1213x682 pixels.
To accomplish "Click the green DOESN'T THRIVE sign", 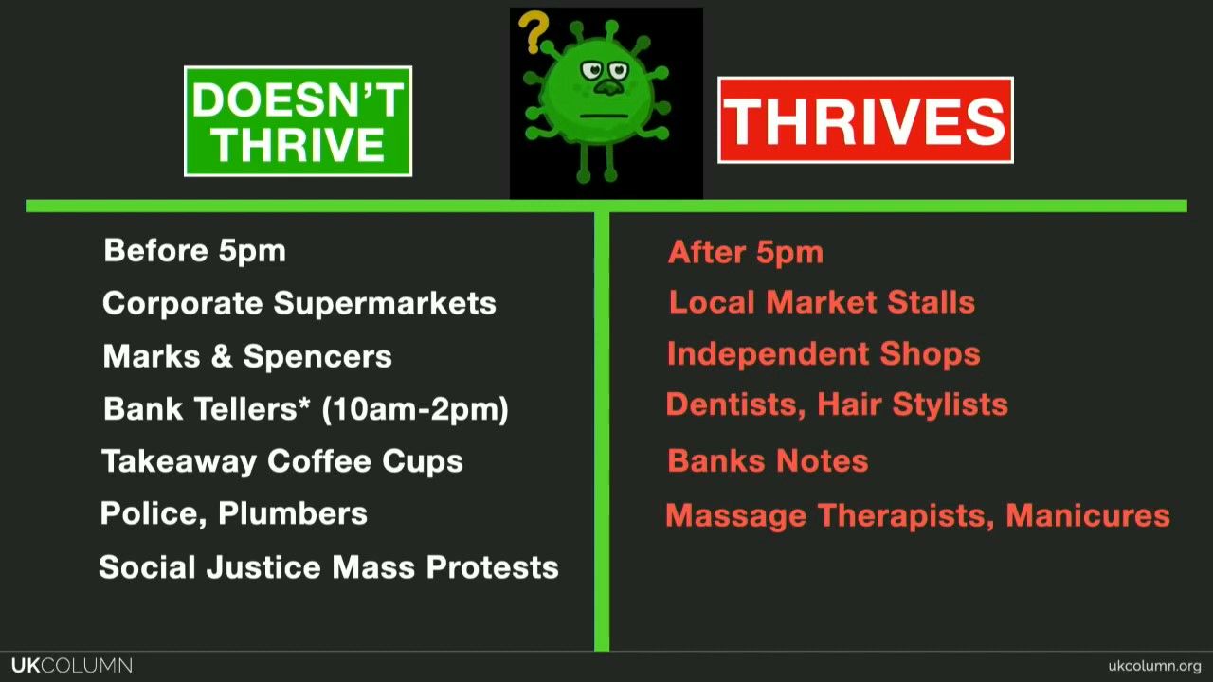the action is point(298,121).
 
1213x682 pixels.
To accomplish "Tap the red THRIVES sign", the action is point(865,120).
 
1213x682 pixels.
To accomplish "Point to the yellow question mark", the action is point(533,32).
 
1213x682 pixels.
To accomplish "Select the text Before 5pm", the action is point(195,251).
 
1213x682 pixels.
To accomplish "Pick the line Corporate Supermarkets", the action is point(299,303).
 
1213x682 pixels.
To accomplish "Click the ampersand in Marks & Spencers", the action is point(222,357).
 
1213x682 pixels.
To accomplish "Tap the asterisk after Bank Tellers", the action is point(304,403).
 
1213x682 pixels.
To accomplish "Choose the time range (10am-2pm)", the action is point(415,409).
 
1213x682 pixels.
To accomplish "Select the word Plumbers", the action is point(293,513).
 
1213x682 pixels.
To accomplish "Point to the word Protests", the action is point(492,567).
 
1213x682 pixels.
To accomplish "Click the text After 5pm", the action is point(746,253).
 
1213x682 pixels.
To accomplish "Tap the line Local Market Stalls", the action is point(822,302).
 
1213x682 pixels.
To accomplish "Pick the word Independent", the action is point(768,354).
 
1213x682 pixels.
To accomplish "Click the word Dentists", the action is point(735,404).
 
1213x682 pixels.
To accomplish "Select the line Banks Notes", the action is point(768,461).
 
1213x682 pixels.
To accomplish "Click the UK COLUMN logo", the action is point(72,665).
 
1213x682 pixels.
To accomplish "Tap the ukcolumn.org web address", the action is point(1154,666).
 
